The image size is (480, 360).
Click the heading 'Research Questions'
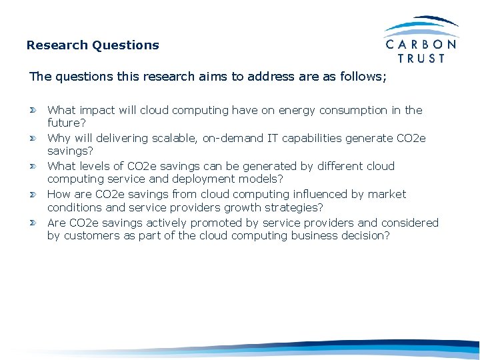(93, 45)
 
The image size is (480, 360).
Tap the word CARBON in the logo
(421, 45)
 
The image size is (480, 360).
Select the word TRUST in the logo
(421, 59)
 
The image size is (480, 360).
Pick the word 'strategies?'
(292, 207)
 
